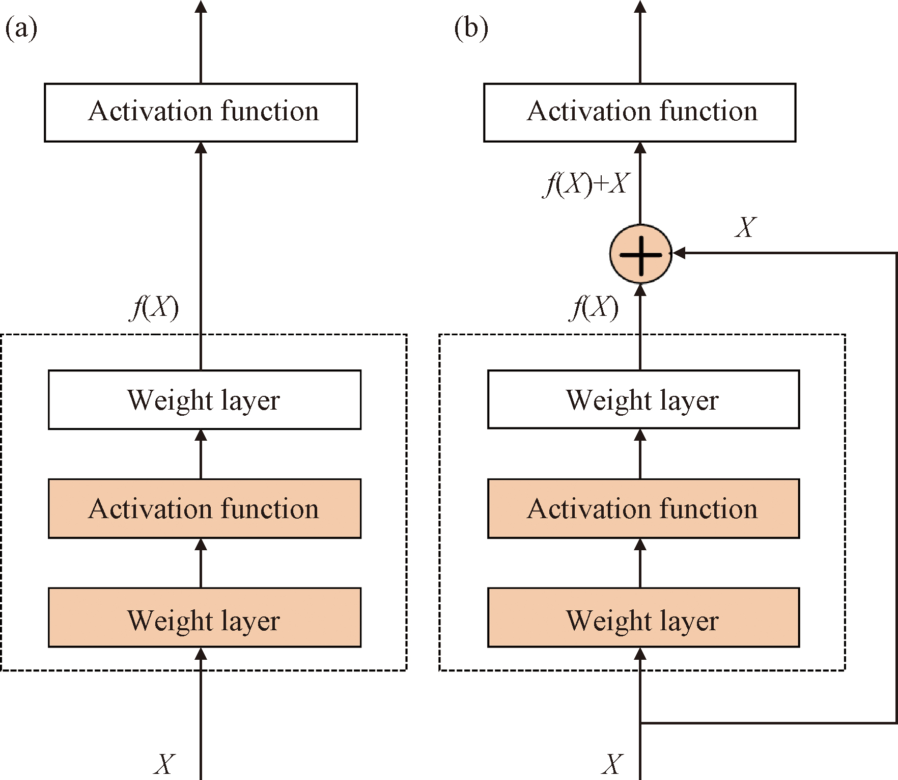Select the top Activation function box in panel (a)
201,113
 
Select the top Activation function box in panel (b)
640,113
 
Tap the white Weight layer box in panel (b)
643,400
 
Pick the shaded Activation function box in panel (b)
643,508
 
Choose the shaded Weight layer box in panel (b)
643,617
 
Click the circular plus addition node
641,253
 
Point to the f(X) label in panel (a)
154,307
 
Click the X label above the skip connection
746,227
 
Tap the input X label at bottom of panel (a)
164,764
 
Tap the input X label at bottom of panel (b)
612,764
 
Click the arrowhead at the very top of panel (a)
201,7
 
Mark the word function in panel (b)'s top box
708,111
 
